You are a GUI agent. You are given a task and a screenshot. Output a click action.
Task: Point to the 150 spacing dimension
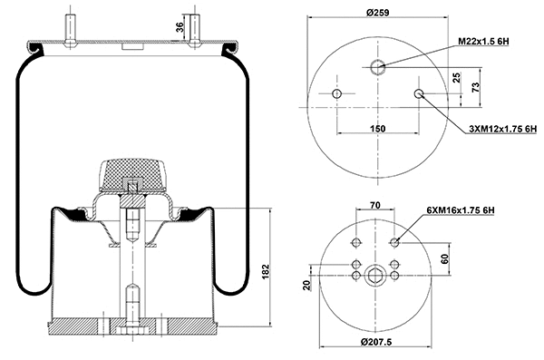(378, 129)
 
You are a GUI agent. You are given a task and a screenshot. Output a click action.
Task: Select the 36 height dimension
(180, 27)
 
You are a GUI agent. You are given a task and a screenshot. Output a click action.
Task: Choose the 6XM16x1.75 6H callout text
(460, 210)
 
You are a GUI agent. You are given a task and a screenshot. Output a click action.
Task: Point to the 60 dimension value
(444, 258)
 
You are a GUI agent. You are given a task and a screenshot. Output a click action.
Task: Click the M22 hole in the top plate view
(378, 65)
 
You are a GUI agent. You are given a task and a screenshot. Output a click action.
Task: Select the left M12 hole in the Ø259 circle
(337, 95)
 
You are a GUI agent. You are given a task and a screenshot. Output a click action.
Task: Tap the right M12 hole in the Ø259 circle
(419, 95)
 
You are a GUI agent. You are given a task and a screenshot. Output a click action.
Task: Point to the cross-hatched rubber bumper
(132, 172)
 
